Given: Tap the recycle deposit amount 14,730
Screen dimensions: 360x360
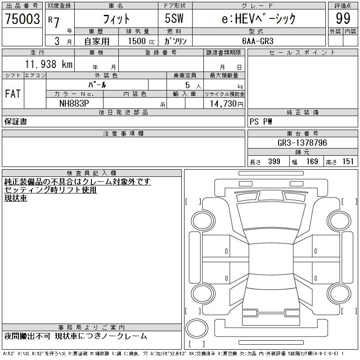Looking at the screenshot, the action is pos(223,103).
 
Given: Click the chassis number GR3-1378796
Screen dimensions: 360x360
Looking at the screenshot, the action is pos(302,143).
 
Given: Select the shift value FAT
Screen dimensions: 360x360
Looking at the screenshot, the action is pos(13,94).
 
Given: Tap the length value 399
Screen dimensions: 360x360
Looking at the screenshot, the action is pos(273,162).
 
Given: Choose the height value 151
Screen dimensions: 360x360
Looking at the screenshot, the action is pos(347,162).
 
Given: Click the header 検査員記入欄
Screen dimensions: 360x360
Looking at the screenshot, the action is pos(92,173).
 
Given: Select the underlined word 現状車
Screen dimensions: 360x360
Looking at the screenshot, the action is pos(16,198).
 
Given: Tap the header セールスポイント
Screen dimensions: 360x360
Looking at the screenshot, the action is pos(302,53).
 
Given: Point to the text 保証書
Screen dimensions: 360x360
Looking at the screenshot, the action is pos(16,121).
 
